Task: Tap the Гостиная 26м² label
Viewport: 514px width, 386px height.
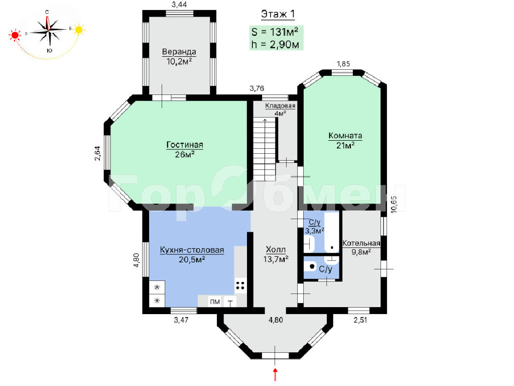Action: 185,149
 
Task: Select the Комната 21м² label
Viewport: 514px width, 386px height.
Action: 345,140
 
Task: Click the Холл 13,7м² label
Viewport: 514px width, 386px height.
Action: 276,254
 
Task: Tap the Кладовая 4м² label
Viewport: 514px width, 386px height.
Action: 280,109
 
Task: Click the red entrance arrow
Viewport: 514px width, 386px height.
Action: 276,374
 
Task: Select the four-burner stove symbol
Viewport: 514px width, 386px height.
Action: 240,285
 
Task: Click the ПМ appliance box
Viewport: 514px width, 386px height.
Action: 215,302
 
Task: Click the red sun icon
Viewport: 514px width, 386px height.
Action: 15,35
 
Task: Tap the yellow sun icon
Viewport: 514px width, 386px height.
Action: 79,30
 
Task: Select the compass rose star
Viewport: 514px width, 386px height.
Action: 49,30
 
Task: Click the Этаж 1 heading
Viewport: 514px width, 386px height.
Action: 278,14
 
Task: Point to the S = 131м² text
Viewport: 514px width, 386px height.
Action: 275,32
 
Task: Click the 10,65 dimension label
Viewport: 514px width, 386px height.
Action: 394,205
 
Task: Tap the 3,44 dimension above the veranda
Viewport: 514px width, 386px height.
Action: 179,4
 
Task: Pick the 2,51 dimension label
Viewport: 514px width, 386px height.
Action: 360,320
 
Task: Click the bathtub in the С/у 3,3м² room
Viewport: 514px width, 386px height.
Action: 332,232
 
